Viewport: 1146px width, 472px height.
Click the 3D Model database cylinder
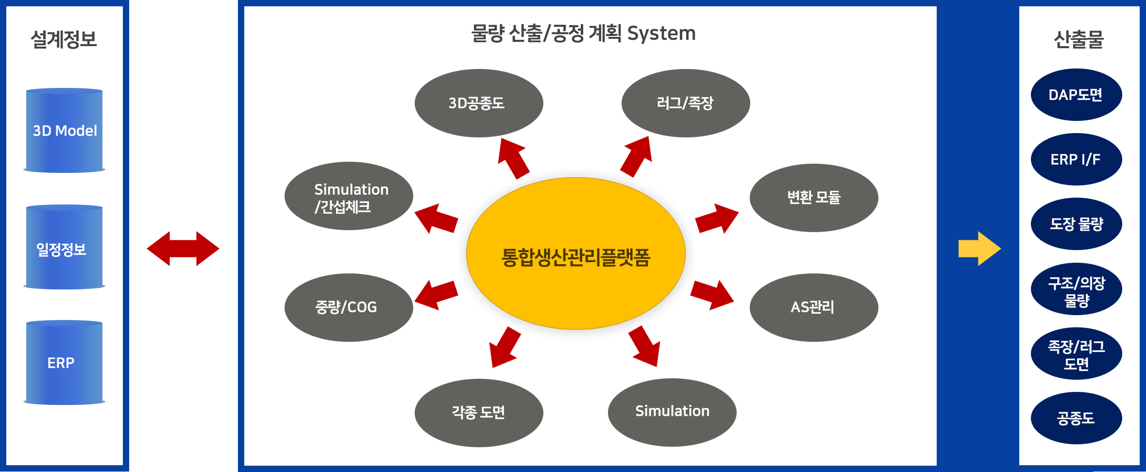[x=64, y=130]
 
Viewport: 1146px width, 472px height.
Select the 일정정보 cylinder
[x=64, y=247]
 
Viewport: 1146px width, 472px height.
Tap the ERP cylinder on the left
[x=64, y=362]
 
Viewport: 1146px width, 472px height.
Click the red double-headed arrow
[x=183, y=249]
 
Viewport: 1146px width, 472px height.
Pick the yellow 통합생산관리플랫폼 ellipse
[x=575, y=253]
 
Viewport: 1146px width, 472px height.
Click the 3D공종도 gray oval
[x=479, y=103]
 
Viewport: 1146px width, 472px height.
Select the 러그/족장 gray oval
[x=686, y=103]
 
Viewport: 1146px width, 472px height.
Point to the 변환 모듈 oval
[x=814, y=198]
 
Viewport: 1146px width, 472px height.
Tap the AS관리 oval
[x=814, y=307]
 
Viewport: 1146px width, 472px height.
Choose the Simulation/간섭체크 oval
[x=349, y=196]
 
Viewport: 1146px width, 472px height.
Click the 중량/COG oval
[x=349, y=307]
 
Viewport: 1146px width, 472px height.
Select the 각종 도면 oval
[x=479, y=413]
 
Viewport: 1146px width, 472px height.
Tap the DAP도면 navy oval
[x=1076, y=95]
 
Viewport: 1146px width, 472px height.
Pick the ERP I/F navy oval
[x=1076, y=159]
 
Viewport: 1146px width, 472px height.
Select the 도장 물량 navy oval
[x=1076, y=224]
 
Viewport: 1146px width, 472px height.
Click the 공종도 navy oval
[x=1076, y=418]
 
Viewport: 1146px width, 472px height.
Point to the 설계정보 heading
[x=64, y=39]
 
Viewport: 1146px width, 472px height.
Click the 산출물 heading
[x=1079, y=39]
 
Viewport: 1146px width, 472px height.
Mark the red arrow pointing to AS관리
[x=712, y=295]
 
